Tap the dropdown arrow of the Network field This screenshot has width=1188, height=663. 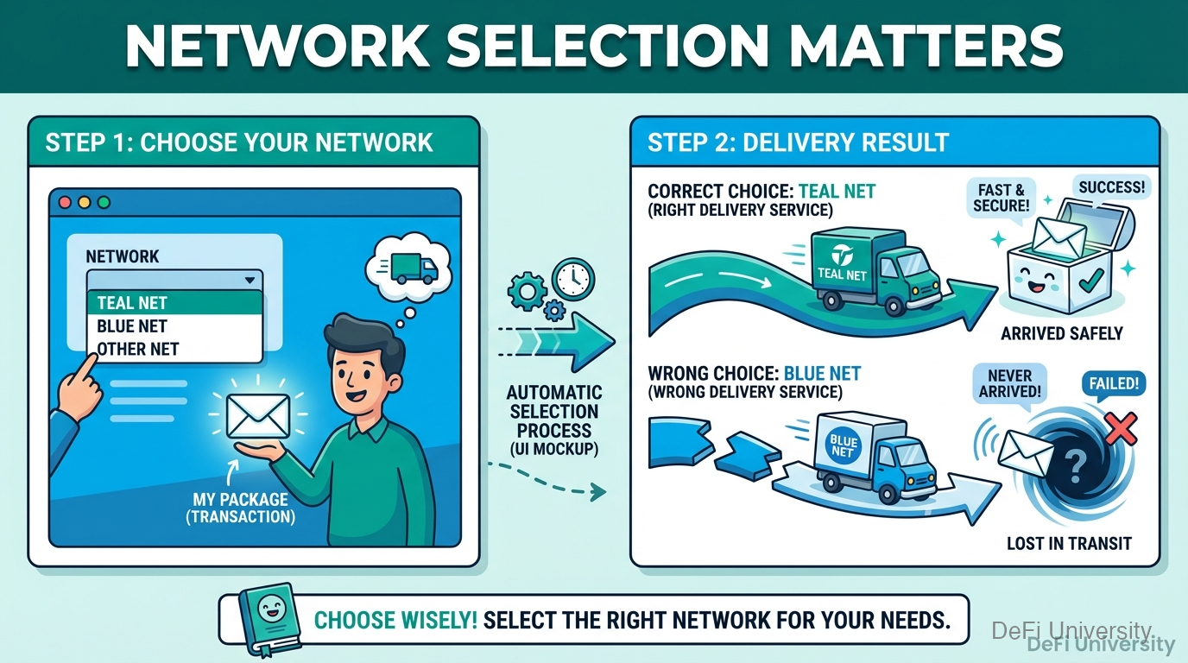click(250, 280)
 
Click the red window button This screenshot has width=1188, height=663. click(65, 203)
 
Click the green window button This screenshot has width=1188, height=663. click(104, 203)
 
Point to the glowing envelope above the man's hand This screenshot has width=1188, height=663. click(256, 415)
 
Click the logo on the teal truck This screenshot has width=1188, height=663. click(841, 255)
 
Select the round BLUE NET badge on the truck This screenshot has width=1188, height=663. click(841, 446)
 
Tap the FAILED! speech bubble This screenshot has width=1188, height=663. click(1114, 382)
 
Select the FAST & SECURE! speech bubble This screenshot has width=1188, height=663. click(1001, 198)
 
